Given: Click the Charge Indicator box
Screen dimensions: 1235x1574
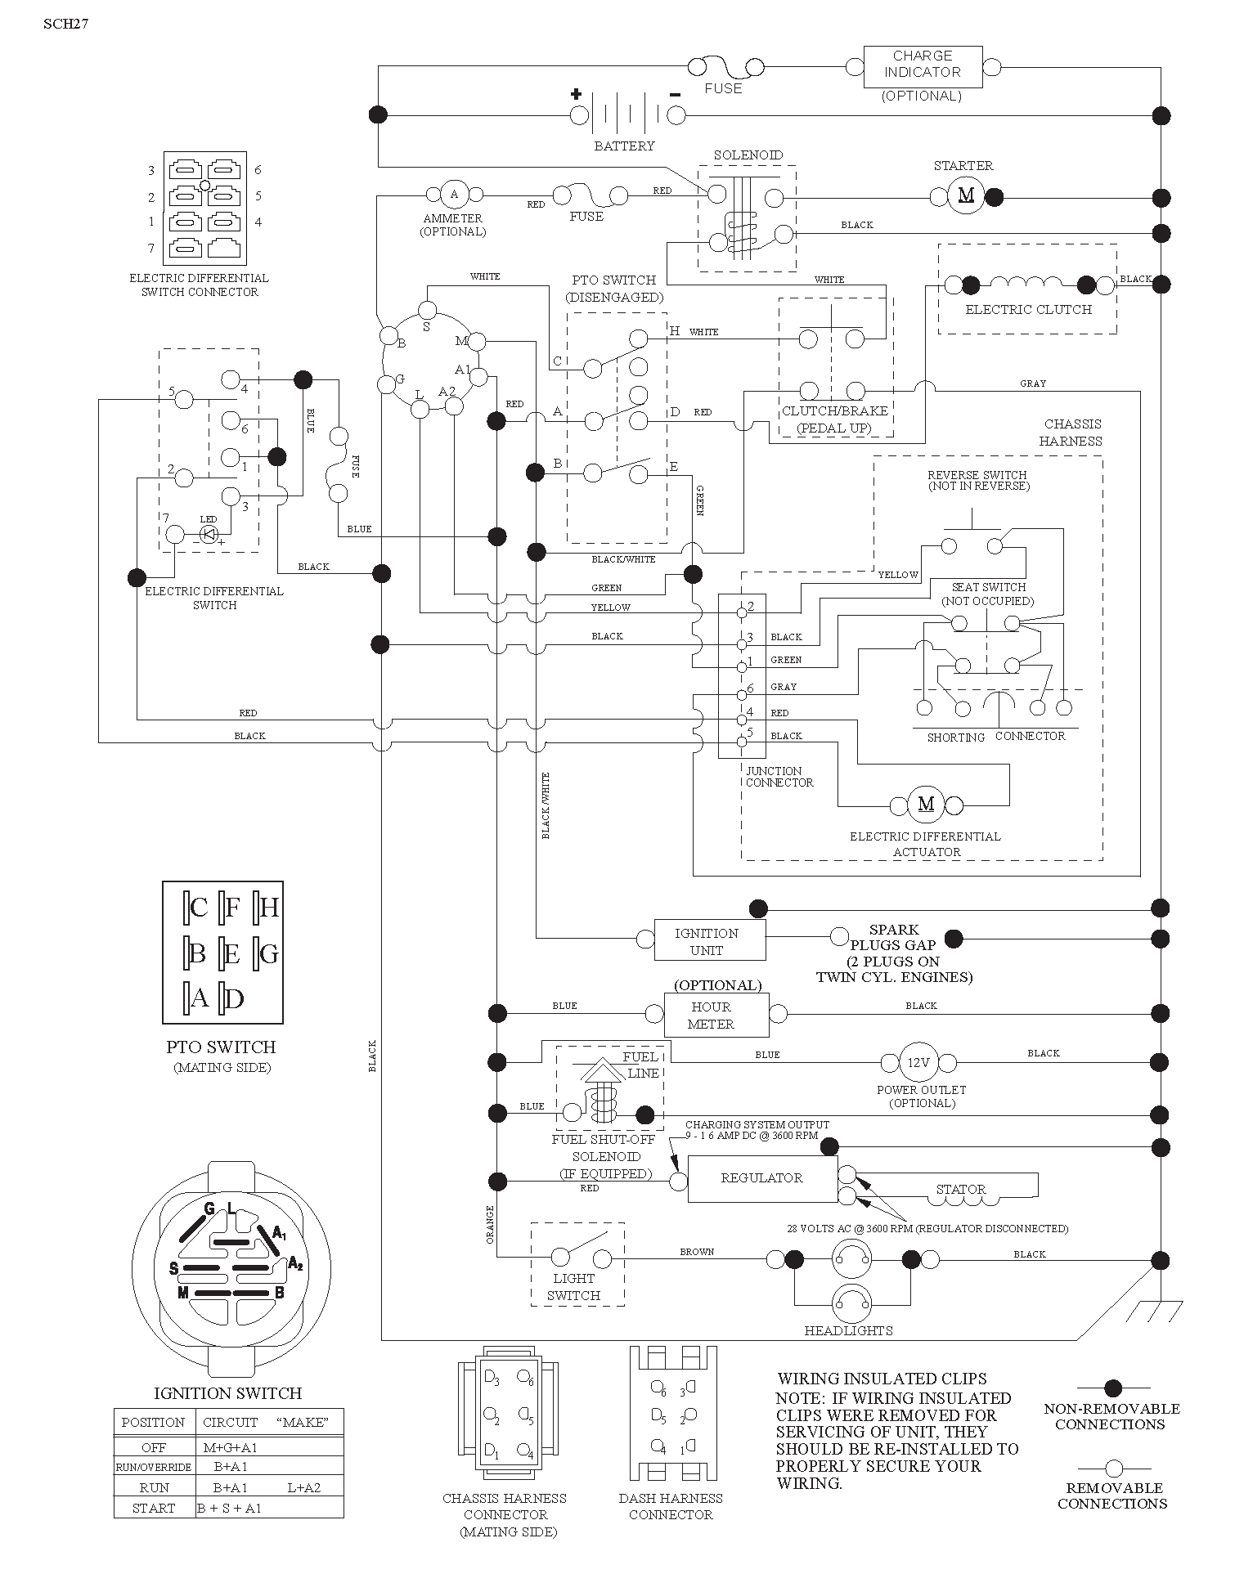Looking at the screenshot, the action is (x=923, y=67).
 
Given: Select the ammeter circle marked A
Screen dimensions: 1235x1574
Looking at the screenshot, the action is (x=455, y=195).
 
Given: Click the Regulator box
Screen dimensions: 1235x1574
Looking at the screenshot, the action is (x=762, y=1178).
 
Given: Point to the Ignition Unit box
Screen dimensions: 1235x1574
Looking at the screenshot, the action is (x=710, y=940).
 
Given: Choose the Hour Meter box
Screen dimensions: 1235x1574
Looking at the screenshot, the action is (x=716, y=1015).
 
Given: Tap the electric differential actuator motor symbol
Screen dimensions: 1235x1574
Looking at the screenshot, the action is (x=926, y=804).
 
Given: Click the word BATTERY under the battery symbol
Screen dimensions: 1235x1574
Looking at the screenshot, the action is (x=624, y=146).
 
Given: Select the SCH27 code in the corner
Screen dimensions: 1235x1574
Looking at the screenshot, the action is (x=65, y=24).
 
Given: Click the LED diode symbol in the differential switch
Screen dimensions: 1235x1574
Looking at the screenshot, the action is (x=209, y=535).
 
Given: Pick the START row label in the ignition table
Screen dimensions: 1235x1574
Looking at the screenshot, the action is (x=154, y=1508).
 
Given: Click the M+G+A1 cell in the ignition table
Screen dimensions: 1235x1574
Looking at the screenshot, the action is (x=231, y=1447).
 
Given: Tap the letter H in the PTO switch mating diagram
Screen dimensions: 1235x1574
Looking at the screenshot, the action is (x=269, y=907).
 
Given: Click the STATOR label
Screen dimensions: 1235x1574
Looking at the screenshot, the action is (x=961, y=1190).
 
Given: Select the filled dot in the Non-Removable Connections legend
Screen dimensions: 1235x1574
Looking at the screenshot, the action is (x=1113, y=1388).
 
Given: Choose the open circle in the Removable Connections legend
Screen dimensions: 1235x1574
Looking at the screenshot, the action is (x=1113, y=1468).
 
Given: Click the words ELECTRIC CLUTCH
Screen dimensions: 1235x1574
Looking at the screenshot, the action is (x=1029, y=310).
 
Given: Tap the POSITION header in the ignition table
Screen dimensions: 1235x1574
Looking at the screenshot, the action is (x=153, y=1422).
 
